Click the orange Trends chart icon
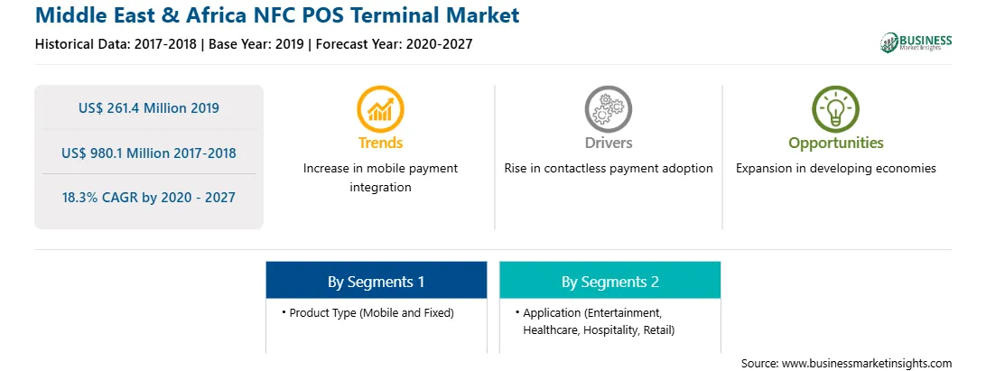(x=380, y=109)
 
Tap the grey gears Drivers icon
(x=608, y=109)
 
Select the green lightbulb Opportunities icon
(x=836, y=109)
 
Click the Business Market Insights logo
(x=916, y=42)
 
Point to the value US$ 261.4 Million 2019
(x=149, y=108)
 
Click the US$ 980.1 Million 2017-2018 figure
(x=149, y=153)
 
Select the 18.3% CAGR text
(x=148, y=198)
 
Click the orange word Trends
(x=380, y=144)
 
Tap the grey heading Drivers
(x=608, y=144)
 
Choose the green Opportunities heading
(x=836, y=144)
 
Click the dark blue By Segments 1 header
(x=376, y=281)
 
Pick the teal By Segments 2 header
(x=610, y=281)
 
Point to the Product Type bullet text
(x=371, y=312)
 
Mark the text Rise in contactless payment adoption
(x=608, y=169)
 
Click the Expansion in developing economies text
(x=836, y=169)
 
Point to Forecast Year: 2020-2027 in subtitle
(x=395, y=44)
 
